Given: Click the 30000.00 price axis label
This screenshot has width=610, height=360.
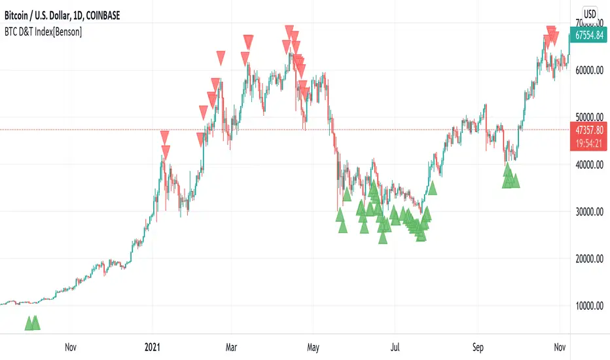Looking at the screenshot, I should (x=586, y=212).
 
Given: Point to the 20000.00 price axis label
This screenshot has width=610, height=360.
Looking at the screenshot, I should (x=586, y=259).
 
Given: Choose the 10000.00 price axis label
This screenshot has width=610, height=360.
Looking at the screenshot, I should (x=586, y=306).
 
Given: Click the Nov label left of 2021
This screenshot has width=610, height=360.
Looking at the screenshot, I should (x=71, y=347).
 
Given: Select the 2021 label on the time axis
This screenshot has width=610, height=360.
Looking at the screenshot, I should (x=152, y=347).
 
